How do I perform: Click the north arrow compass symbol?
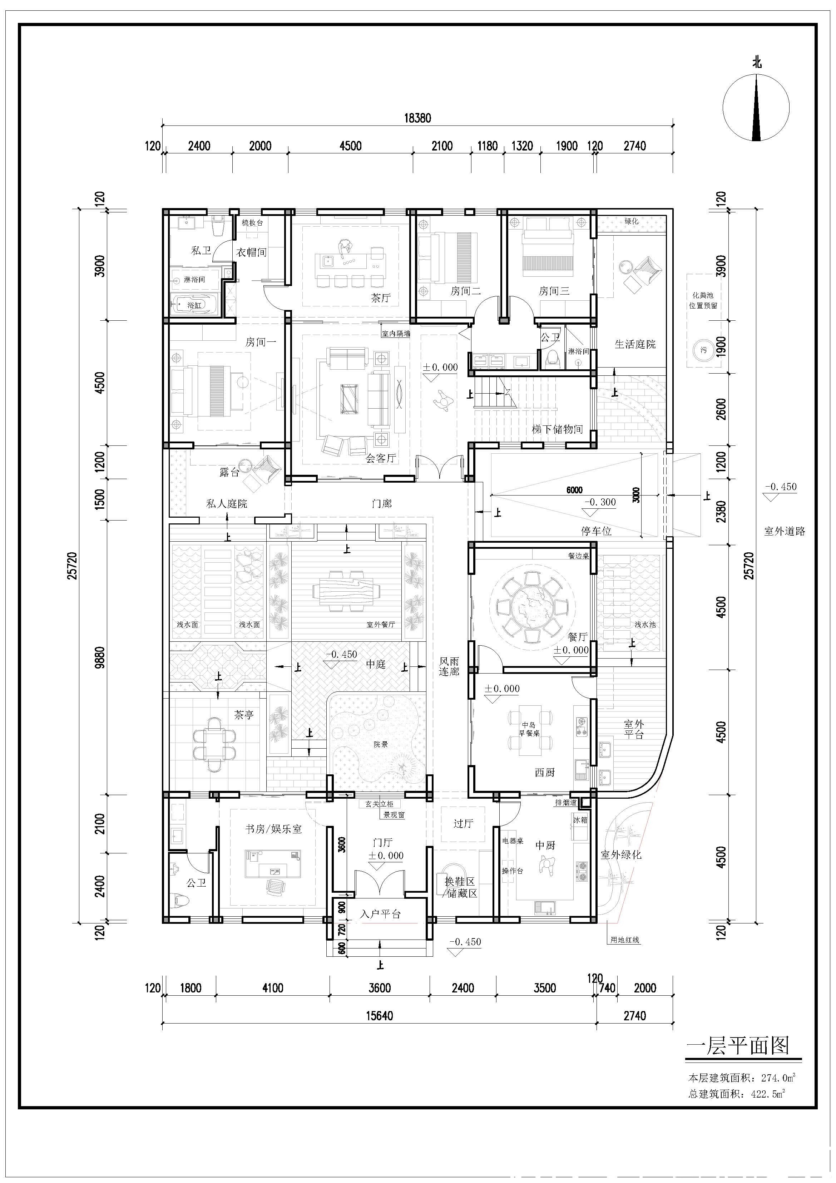click(x=756, y=108)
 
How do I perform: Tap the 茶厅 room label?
click(x=381, y=298)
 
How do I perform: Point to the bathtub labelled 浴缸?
click(x=194, y=305)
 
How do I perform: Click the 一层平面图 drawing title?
click(x=738, y=1045)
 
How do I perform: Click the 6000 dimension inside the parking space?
click(x=574, y=490)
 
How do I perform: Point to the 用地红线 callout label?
click(x=624, y=940)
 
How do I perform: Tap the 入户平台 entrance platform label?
click(x=380, y=914)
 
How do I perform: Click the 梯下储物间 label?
click(x=557, y=429)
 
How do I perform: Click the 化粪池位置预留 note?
click(x=703, y=300)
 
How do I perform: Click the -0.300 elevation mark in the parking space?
click(x=600, y=502)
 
